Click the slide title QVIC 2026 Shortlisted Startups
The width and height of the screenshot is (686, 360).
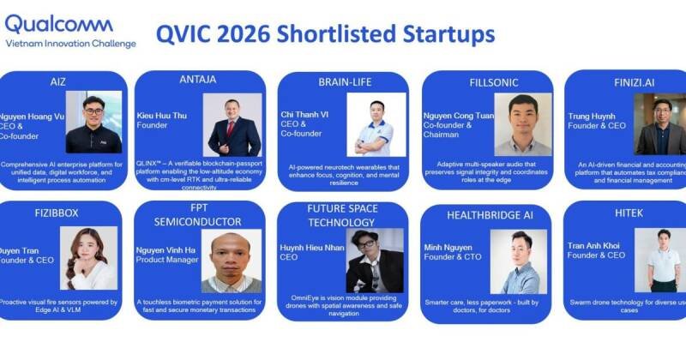[x=325, y=34]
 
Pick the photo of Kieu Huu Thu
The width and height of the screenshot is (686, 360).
[x=232, y=124]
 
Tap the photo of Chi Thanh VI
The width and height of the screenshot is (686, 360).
[x=377, y=125]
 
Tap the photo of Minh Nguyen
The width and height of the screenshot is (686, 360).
[x=519, y=262]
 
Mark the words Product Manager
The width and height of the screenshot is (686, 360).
[x=168, y=260]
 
